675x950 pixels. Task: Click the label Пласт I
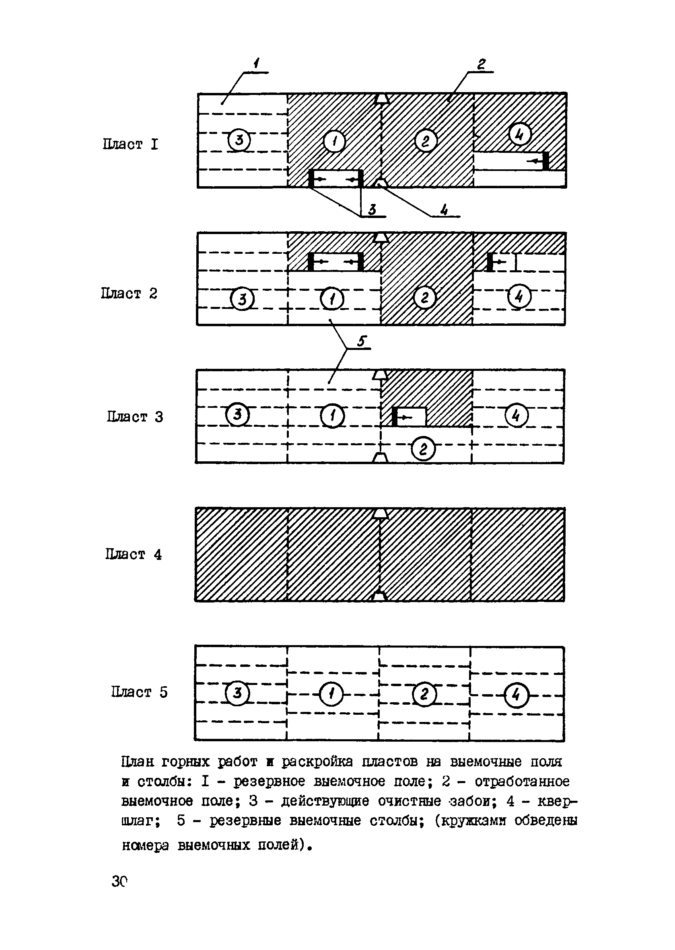point(130,144)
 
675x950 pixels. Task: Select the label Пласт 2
point(129,293)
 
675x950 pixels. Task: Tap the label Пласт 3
point(135,416)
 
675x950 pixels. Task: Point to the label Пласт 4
point(133,554)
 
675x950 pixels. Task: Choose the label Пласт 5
point(139,692)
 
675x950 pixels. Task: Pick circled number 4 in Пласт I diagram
point(519,134)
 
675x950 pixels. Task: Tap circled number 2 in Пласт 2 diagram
point(424,298)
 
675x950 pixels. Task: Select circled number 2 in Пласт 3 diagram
point(423,449)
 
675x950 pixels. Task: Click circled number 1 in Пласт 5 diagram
point(331,695)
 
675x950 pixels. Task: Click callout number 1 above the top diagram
point(257,63)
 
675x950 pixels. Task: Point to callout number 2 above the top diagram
point(482,64)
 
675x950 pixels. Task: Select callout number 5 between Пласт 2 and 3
point(361,341)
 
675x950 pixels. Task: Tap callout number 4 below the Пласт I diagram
point(444,210)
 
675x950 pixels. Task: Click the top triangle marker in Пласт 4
point(380,514)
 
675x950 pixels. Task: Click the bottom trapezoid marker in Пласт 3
point(379,458)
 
